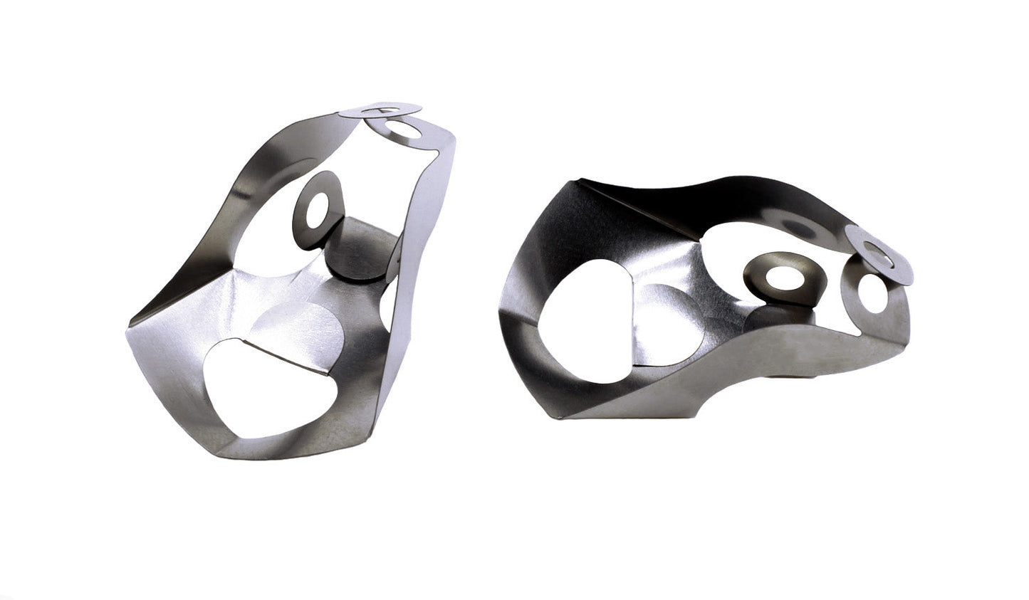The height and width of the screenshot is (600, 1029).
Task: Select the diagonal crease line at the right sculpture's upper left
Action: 627,206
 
